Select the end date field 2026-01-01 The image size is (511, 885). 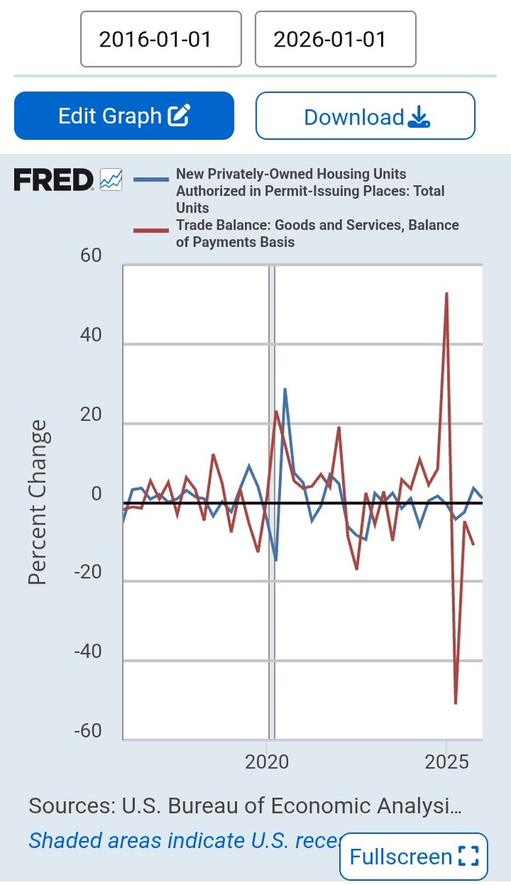pyautogui.click(x=336, y=39)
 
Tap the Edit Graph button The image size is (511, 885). pyautogui.click(x=124, y=116)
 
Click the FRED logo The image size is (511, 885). pyautogui.click(x=53, y=179)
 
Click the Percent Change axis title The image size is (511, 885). pyautogui.click(x=38, y=502)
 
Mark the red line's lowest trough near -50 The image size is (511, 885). pyautogui.click(x=456, y=704)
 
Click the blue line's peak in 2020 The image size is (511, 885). pyautogui.click(x=285, y=389)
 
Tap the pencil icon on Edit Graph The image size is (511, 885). pyautogui.click(x=179, y=115)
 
